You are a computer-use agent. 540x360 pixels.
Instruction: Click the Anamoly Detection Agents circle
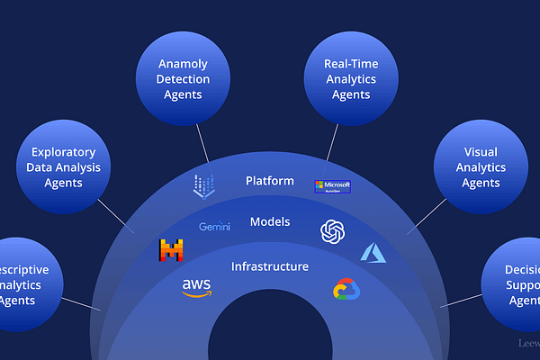[184, 79]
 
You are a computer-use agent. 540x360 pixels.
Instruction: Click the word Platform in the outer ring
[269, 181]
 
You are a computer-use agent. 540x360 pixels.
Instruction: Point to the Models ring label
[269, 221]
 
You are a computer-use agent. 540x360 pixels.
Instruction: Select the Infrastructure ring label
[269, 266]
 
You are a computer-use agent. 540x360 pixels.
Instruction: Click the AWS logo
[196, 287]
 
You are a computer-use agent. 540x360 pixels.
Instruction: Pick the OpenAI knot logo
[332, 231]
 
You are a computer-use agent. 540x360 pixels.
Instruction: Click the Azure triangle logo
[373, 252]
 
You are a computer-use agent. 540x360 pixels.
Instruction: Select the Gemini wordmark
[214, 227]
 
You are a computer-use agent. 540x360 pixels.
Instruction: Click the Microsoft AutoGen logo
[332, 186]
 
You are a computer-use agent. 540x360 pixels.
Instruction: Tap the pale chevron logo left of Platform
[204, 186]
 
